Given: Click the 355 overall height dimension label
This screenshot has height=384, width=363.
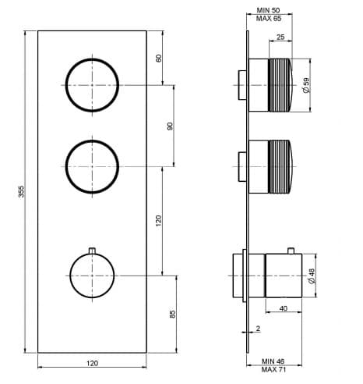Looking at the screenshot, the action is tap(21, 191).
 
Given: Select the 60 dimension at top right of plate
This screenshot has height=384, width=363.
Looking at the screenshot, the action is tap(159, 58).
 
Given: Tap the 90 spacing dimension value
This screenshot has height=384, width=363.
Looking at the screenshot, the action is tap(170, 126).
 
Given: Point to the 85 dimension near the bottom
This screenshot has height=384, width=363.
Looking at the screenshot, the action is tap(172, 314).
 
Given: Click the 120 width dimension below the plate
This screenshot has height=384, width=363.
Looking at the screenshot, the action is tap(92, 363).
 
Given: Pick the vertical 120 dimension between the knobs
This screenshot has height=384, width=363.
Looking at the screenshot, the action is tap(158, 221).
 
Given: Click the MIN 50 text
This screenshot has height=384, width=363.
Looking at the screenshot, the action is tap(269, 10).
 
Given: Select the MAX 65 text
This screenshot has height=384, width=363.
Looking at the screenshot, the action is tap(269, 19).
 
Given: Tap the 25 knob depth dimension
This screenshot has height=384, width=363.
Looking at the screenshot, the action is tap(280, 37).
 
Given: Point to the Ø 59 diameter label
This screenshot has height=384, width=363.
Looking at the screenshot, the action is tap(306, 85).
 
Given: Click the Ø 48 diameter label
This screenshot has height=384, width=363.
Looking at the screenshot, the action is tap(312, 276).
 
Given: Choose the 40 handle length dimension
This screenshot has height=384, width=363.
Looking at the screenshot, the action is tap(284, 308).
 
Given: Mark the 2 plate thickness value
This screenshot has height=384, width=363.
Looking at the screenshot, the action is tap(258, 329).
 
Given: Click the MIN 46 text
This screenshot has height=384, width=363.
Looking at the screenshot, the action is tap(273, 361).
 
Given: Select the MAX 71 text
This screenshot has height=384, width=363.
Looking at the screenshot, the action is tap(273, 369).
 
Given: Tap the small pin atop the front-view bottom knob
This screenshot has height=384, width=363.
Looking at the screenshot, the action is tap(92, 251).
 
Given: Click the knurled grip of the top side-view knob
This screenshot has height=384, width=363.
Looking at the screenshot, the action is tap(279, 85).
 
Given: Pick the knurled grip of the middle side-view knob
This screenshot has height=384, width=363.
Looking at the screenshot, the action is tap(279, 167).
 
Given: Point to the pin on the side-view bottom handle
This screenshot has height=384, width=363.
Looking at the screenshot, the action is tap(291, 251).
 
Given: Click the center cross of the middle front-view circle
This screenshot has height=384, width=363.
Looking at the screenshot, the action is tap(92, 167).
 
